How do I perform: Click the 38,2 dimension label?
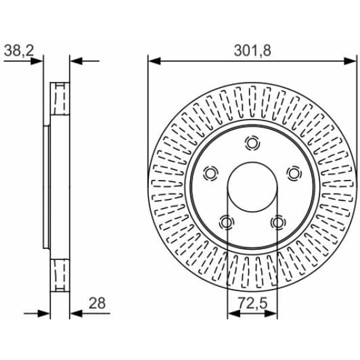coord(19,51)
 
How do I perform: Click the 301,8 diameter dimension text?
coord(252,51)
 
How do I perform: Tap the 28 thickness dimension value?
coord(97,303)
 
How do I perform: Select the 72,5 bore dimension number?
coord(252,303)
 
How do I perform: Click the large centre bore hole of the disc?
coord(252,187)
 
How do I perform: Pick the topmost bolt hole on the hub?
coord(252,143)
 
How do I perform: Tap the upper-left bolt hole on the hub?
coord(210,173)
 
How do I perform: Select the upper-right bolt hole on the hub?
coord(294,173)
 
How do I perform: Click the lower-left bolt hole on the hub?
coord(227,222)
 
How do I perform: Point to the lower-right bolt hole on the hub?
coord(278,222)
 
